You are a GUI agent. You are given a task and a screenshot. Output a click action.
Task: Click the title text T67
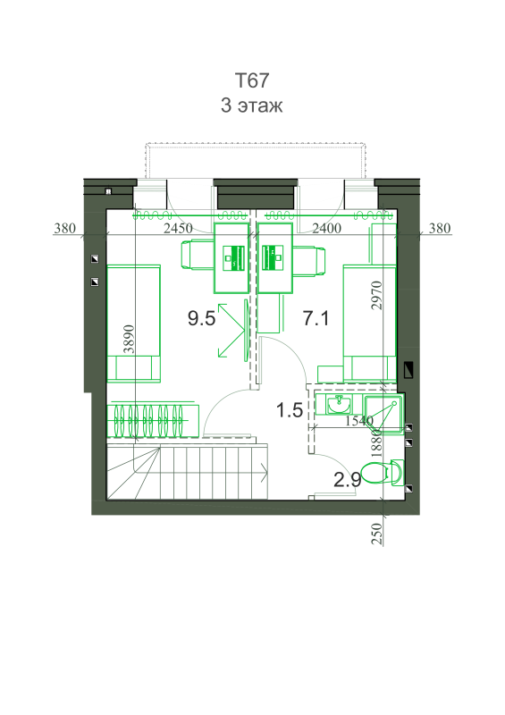pos(252,80)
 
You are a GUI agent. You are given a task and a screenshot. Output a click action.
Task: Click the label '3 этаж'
pos(252,105)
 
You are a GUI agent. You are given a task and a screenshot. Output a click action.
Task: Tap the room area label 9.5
pos(201,318)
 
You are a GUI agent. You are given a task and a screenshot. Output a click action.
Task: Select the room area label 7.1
pos(316,318)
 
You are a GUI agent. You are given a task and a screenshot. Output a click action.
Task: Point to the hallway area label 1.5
pos(290,410)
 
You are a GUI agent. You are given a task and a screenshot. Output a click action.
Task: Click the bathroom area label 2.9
pos(348,479)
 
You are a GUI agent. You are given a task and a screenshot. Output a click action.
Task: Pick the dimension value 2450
pos(178,228)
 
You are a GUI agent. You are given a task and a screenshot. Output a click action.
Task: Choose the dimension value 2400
pos(326,228)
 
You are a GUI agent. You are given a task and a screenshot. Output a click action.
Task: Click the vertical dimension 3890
pos(130,339)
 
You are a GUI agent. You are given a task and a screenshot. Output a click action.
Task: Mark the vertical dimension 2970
pos(376,296)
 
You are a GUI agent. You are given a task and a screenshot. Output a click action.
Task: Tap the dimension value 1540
pos(359,420)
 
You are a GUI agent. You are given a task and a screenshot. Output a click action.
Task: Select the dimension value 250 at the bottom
pos(377,534)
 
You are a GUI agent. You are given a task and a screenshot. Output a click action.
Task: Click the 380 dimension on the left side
pos(64,228)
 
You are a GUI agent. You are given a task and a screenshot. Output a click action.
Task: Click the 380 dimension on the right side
pos(440,228)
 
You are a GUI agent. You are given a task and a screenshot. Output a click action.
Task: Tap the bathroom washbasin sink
pos(339,404)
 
